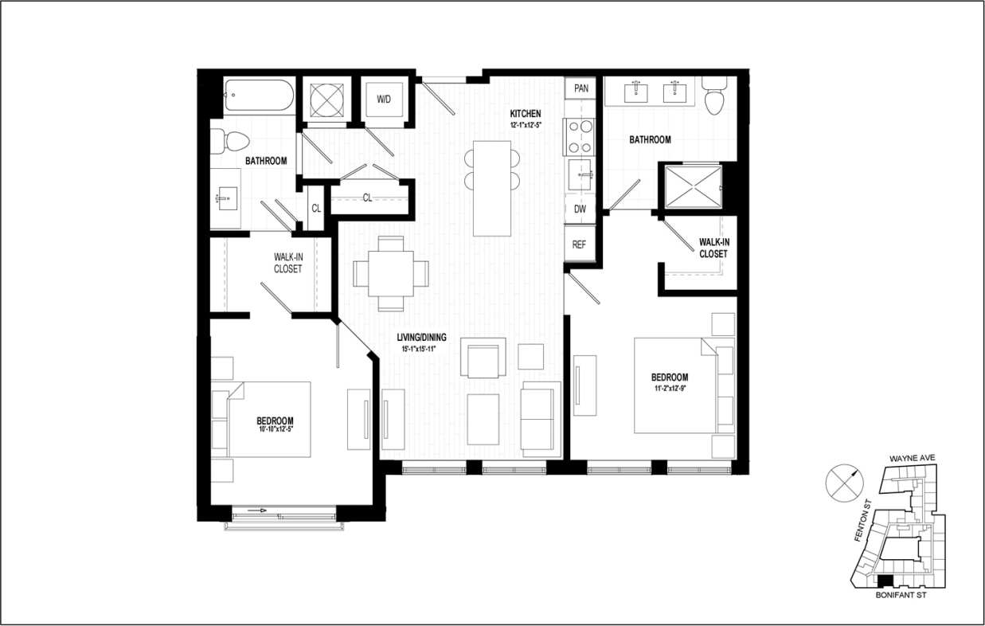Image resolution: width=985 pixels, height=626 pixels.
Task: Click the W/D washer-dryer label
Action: (x=384, y=100)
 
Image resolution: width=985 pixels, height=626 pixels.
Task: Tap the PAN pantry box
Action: (x=581, y=88)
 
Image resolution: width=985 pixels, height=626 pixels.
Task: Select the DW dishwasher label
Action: (x=580, y=209)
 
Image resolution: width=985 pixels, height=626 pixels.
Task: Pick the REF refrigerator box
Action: (x=579, y=245)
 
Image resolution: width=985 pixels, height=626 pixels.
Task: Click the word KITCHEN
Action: (x=526, y=114)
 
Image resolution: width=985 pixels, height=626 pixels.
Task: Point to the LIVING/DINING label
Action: (x=421, y=337)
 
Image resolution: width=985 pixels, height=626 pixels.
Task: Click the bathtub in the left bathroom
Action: (x=259, y=96)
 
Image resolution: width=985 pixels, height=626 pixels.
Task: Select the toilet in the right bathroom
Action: (x=713, y=96)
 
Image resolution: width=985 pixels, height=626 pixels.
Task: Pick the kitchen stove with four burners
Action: (x=579, y=136)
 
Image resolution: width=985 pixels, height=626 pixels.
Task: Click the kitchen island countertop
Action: (x=492, y=188)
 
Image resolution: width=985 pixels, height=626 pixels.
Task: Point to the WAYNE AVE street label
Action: (x=917, y=459)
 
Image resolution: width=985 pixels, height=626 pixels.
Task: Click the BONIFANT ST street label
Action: (x=900, y=594)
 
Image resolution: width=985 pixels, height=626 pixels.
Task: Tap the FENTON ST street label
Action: (x=859, y=521)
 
